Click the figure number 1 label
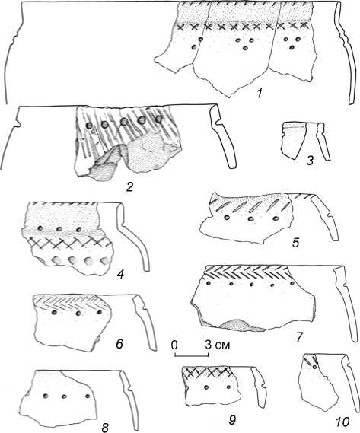click(x=260, y=94)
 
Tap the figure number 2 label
click(x=129, y=187)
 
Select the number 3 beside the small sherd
click(x=310, y=161)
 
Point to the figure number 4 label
click(x=120, y=275)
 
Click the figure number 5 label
click(x=296, y=243)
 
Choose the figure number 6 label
click(x=119, y=344)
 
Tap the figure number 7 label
click(x=300, y=337)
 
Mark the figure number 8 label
click(x=105, y=428)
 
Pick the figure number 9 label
click(x=232, y=420)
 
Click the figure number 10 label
click(x=342, y=421)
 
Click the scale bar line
click(x=191, y=355)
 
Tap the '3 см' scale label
click(x=217, y=345)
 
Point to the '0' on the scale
click(x=174, y=345)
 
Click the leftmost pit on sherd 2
click(x=89, y=126)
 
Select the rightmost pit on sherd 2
click(x=158, y=119)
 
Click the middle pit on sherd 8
click(x=65, y=396)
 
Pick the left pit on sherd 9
click(x=206, y=387)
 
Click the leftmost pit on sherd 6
click(x=54, y=313)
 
